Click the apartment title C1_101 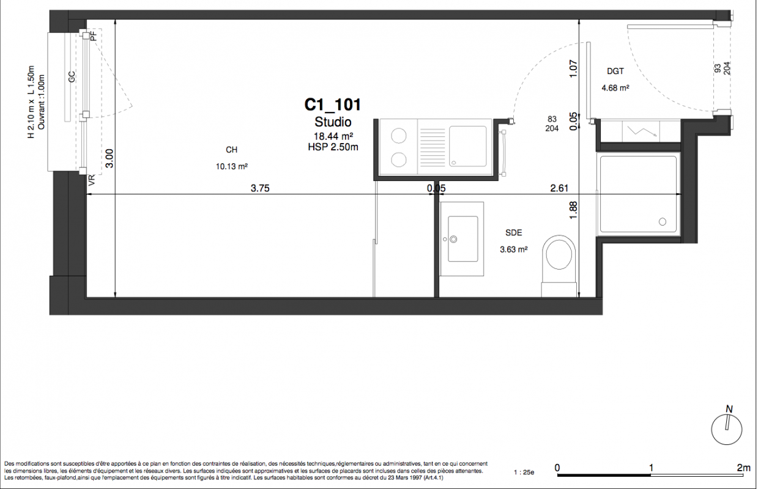coord(333,105)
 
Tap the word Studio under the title coord(333,122)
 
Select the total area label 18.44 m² coord(333,136)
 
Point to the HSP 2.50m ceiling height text coord(333,147)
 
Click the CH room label coord(231,150)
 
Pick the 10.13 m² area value coord(232,166)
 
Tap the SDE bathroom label coord(514,233)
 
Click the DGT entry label coord(615,72)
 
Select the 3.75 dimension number coord(260,188)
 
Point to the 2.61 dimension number coord(559,188)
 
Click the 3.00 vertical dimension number coord(110,158)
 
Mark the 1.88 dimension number coord(573,210)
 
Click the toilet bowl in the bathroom coord(559,254)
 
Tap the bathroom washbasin coord(463,239)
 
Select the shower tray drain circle coord(663,222)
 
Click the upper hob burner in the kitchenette coord(399,136)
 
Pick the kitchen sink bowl coord(467,146)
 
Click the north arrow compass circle coord(727,430)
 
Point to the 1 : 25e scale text coord(524,472)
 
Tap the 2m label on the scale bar coord(744,468)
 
